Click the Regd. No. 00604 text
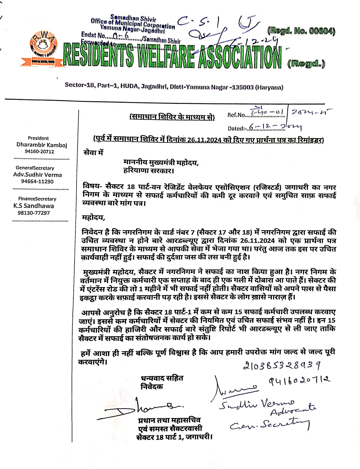(x=301, y=31)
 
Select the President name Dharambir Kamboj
(x=42, y=145)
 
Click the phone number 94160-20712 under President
(x=39, y=152)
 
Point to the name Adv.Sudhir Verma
(x=37, y=175)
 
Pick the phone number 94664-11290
(x=37, y=181)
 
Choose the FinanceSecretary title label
(x=37, y=199)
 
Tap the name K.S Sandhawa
(x=34, y=206)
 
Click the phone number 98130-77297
(x=34, y=213)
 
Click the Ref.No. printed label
(x=236, y=115)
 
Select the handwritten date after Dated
(x=275, y=127)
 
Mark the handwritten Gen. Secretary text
(x=269, y=425)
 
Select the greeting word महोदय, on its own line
(x=94, y=218)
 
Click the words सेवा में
(x=94, y=153)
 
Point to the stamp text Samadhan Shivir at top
(x=133, y=18)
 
